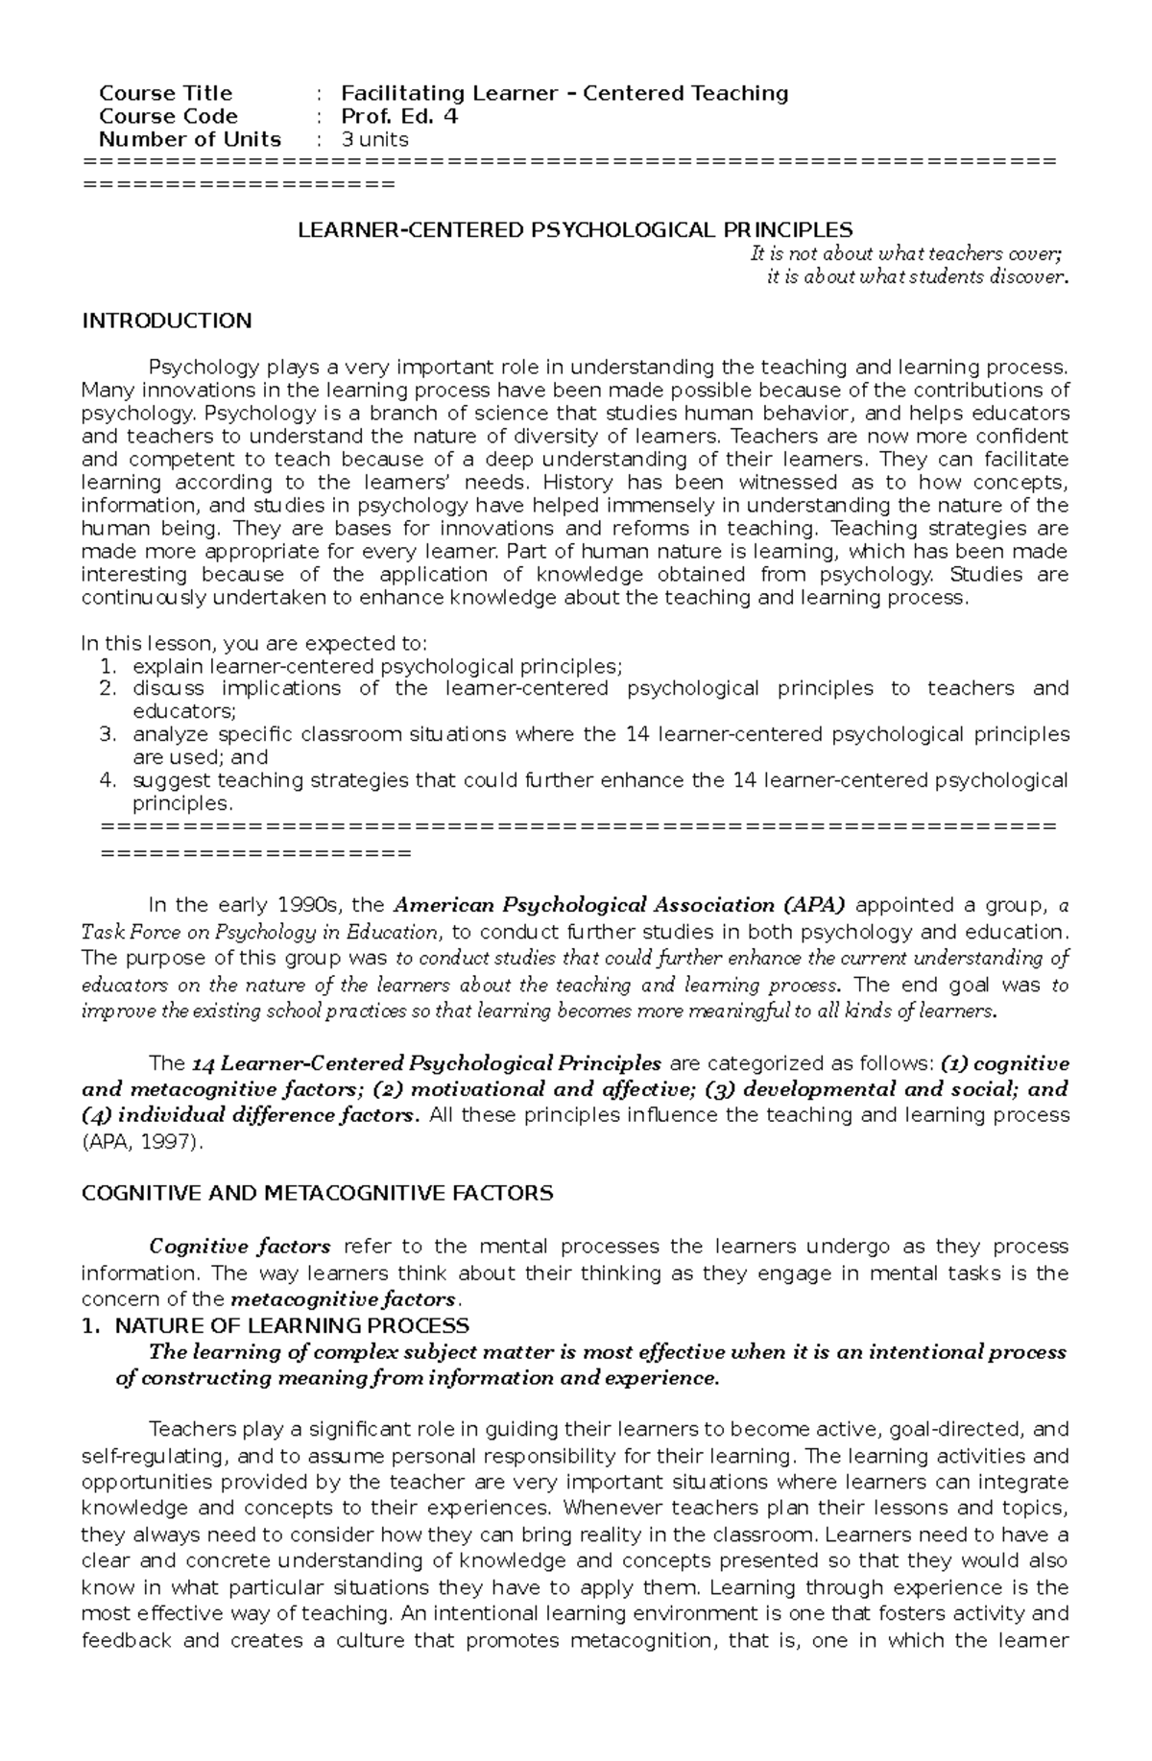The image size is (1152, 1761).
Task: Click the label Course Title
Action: pos(165,93)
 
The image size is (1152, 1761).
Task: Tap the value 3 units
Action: pos(375,139)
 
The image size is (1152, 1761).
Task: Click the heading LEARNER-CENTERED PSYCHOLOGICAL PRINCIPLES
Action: pos(574,230)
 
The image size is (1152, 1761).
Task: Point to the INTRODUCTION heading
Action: pos(166,321)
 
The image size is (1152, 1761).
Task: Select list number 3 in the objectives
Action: pos(108,734)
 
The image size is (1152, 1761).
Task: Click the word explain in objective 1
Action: pos(168,666)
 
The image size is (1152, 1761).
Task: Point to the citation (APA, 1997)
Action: pos(143,1141)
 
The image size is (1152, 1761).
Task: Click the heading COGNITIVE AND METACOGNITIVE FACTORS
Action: pos(317,1194)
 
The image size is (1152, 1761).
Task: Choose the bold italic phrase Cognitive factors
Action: pos(240,1247)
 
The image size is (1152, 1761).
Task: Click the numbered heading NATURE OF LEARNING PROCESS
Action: pos(291,1325)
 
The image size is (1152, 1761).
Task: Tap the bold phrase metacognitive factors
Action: pos(344,1299)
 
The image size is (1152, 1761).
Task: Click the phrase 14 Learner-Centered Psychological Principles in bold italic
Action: pos(426,1063)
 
